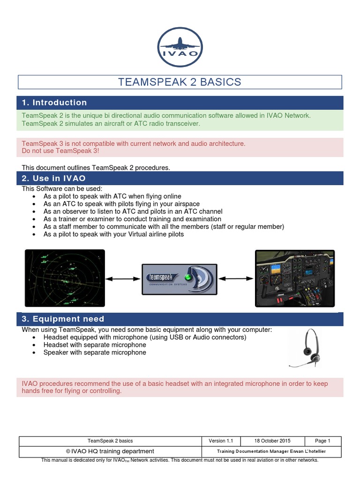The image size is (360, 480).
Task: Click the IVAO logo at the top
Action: click(x=180, y=46)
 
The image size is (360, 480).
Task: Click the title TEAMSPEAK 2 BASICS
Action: click(x=180, y=82)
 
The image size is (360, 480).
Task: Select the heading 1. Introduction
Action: click(x=55, y=103)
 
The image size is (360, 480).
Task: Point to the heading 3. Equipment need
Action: click(x=63, y=319)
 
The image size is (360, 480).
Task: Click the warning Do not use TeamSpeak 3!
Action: click(x=60, y=151)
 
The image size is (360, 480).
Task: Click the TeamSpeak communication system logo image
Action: click(x=180, y=279)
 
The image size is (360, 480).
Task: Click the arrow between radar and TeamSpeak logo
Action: click(x=123, y=279)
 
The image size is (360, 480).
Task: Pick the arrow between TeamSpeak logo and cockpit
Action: click(x=236, y=279)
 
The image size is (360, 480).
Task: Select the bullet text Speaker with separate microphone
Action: click(x=94, y=352)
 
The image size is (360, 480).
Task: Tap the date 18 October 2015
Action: click(x=272, y=441)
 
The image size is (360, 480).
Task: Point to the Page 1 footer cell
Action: click(x=322, y=441)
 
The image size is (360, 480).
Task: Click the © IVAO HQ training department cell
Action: click(x=110, y=451)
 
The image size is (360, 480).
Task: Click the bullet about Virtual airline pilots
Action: click(x=113, y=234)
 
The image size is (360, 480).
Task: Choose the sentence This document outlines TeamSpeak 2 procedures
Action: click(x=96, y=167)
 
